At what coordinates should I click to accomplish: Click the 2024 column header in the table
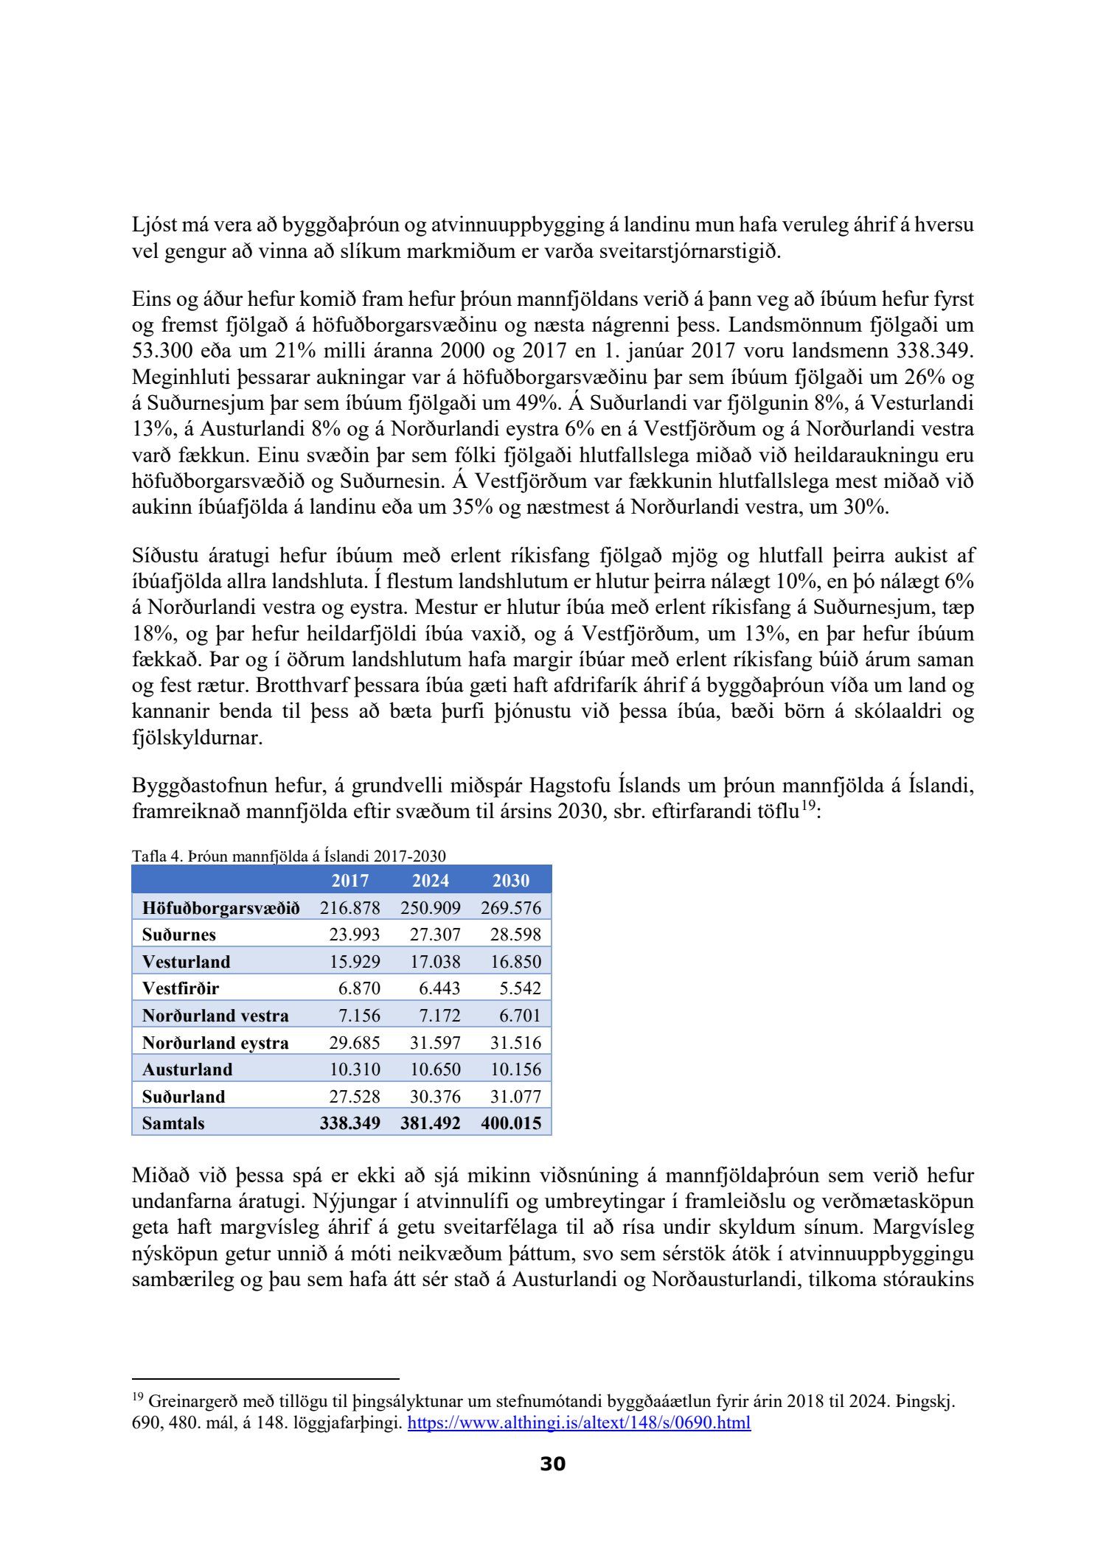tap(430, 880)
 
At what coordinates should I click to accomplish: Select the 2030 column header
tap(511, 880)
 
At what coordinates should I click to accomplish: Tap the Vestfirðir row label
tap(181, 988)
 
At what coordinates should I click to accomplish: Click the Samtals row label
tap(173, 1123)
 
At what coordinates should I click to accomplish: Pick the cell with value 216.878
tap(349, 907)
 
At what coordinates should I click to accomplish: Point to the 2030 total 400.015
tap(511, 1123)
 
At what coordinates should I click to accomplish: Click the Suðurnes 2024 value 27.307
tap(435, 935)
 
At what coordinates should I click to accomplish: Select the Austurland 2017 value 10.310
tap(354, 1069)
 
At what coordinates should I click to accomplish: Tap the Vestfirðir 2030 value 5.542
tap(520, 988)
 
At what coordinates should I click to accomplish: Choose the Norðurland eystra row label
tap(215, 1043)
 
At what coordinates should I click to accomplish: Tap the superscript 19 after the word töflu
tap(810, 806)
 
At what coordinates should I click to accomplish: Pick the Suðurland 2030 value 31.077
tap(515, 1097)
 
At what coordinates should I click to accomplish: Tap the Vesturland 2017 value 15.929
tap(354, 962)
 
